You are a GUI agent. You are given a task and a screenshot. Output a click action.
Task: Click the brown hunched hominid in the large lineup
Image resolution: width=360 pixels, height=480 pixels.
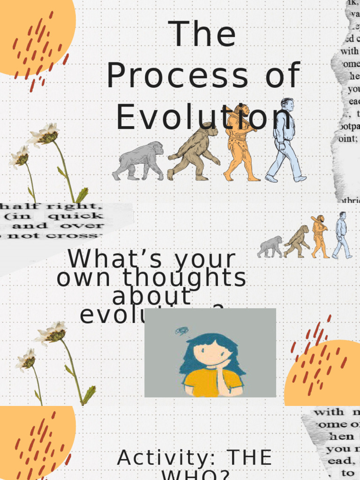(195, 152)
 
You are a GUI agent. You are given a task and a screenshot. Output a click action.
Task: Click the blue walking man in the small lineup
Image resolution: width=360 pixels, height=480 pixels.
(342, 234)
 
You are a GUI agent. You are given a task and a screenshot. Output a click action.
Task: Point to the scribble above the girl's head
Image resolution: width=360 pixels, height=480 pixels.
(181, 331)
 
